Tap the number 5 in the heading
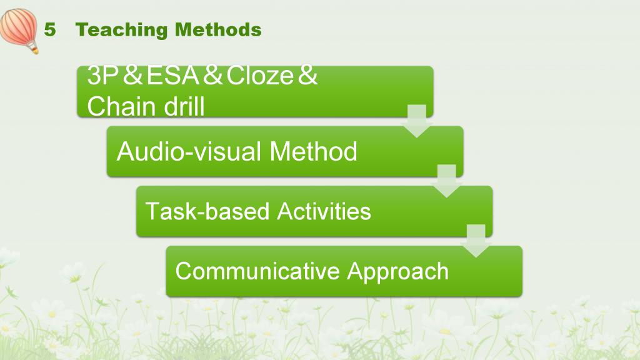pyautogui.click(x=50, y=30)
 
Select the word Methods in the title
pyautogui.click(x=218, y=30)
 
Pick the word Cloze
pyautogui.click(x=259, y=76)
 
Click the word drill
pyautogui.click(x=184, y=106)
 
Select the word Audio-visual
pyautogui.click(x=189, y=151)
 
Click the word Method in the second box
pyautogui.click(x=313, y=151)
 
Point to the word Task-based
pyautogui.click(x=207, y=211)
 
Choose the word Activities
pyautogui.click(x=324, y=211)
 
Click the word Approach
pyautogui.click(x=397, y=272)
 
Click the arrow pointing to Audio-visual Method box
pyautogui.click(x=417, y=121)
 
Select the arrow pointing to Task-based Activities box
pyautogui.click(x=446, y=181)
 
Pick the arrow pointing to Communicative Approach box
pyautogui.click(x=476, y=241)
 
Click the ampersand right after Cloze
pyautogui.click(x=307, y=76)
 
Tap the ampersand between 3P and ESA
pyautogui.click(x=132, y=76)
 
